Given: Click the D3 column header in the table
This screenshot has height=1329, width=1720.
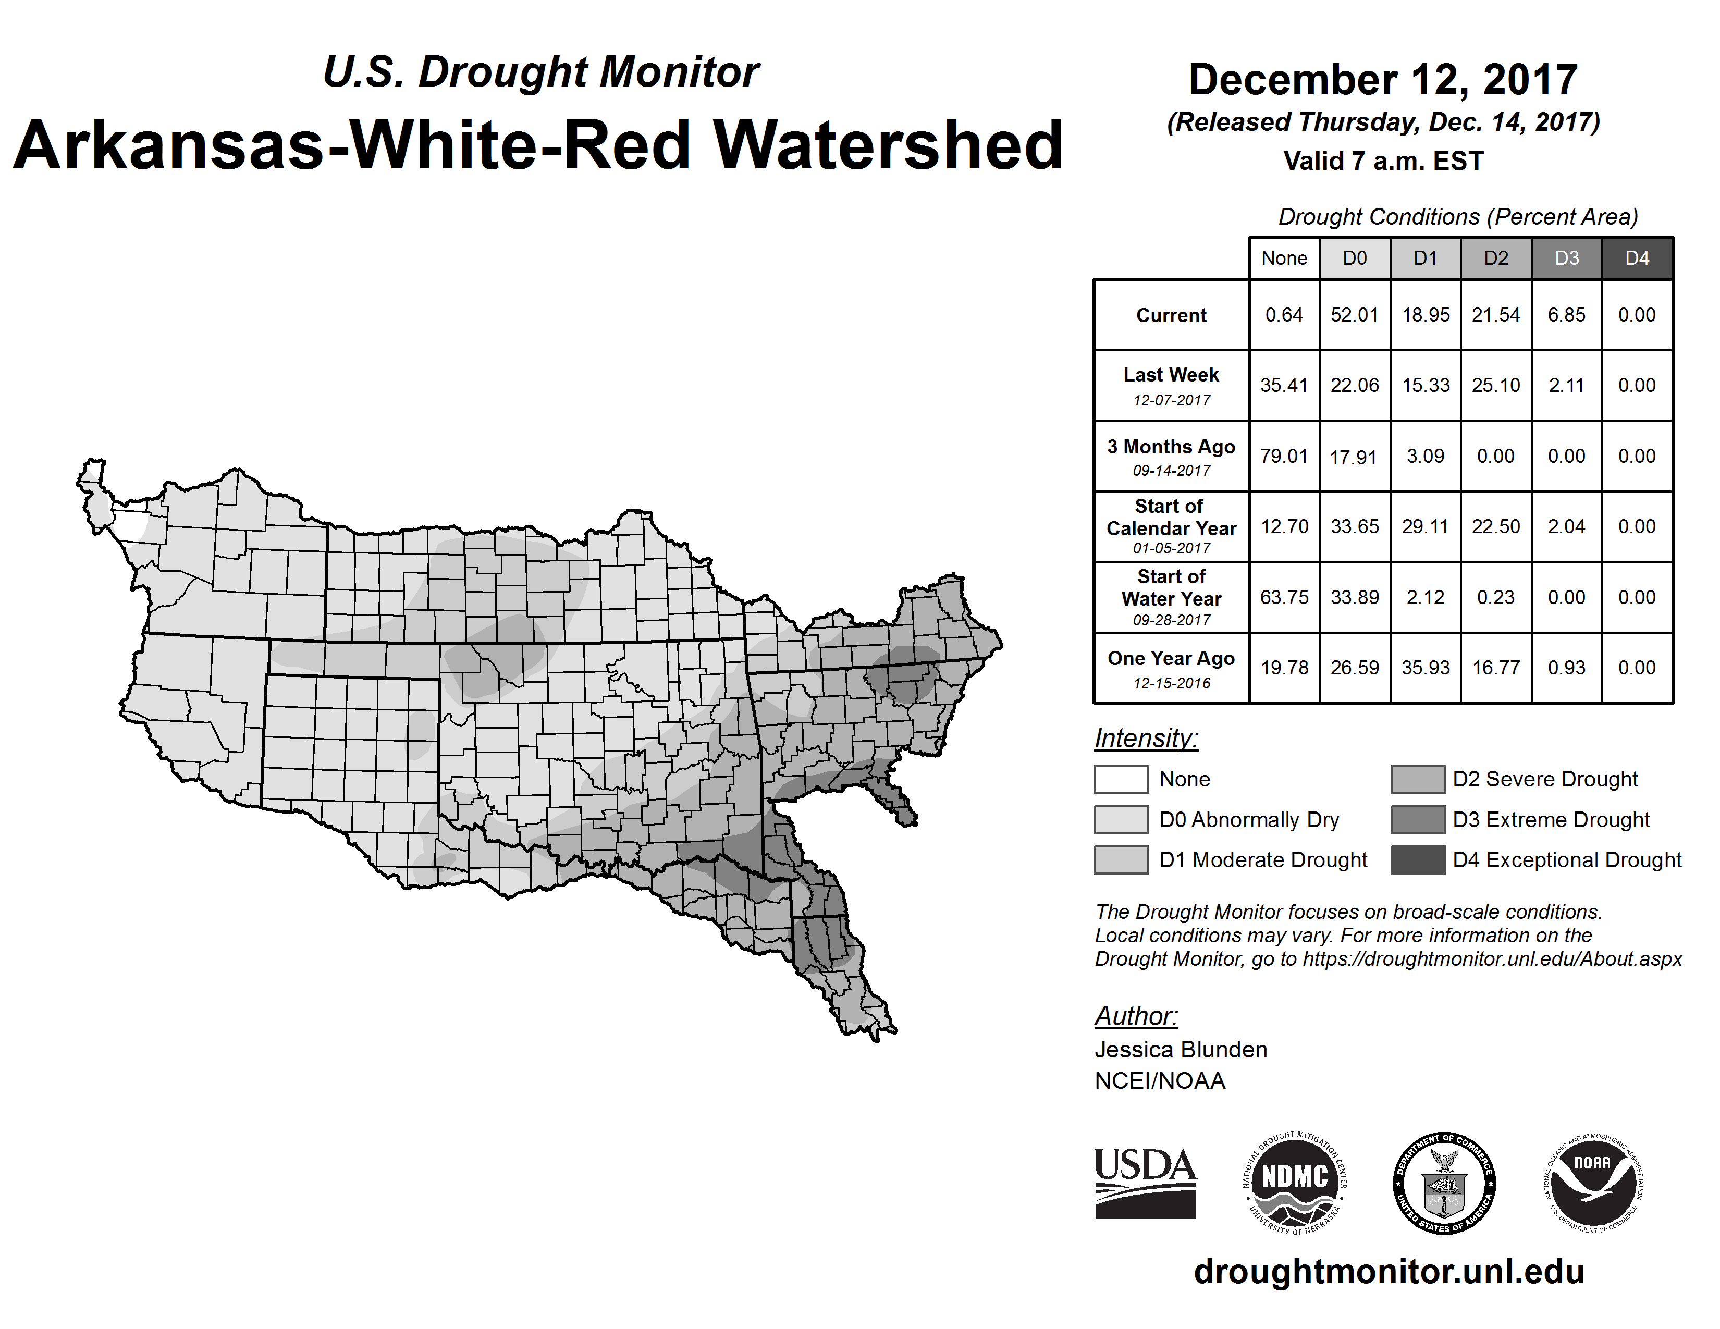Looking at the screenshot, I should pyautogui.click(x=1566, y=258).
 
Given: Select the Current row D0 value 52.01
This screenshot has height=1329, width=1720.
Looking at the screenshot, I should pyautogui.click(x=1355, y=315).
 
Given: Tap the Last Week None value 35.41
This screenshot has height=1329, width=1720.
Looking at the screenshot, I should pyautogui.click(x=1284, y=385).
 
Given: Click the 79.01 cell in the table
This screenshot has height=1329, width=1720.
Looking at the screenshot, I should pyautogui.click(x=1284, y=456).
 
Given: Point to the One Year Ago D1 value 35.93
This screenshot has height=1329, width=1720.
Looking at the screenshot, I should pyautogui.click(x=1426, y=668).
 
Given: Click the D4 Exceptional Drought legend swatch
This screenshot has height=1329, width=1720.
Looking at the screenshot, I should pyautogui.click(x=1418, y=860).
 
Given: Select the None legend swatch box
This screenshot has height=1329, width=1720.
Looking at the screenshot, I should pyautogui.click(x=1121, y=779).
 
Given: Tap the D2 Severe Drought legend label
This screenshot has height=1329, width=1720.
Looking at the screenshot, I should pyautogui.click(x=1545, y=779).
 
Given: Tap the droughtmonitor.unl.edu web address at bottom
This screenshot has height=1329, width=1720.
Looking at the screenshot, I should pyautogui.click(x=1389, y=1271).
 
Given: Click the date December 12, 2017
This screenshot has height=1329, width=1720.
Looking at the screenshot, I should pyautogui.click(x=1383, y=80).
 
